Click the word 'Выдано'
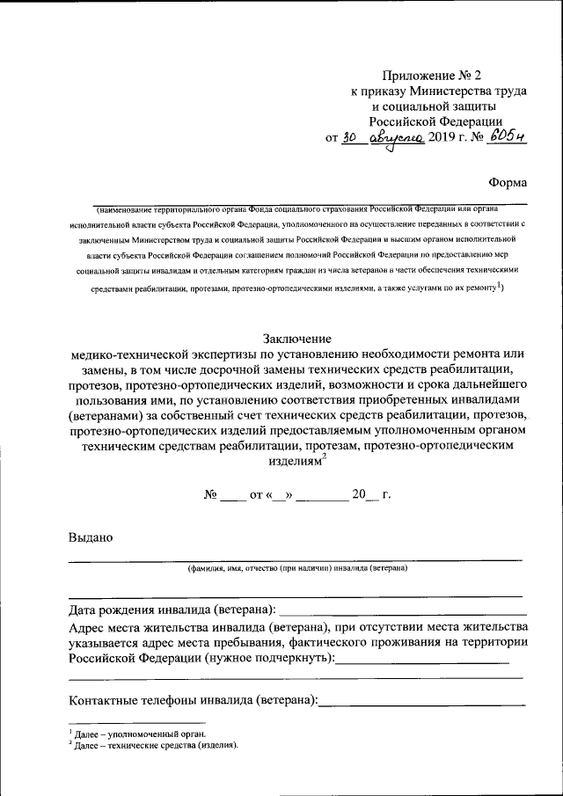[91, 537]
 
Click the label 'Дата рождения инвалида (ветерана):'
[172, 610]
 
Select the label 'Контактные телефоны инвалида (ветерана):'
[194, 700]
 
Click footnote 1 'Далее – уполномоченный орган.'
[139, 733]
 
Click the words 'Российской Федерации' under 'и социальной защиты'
[435, 121]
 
